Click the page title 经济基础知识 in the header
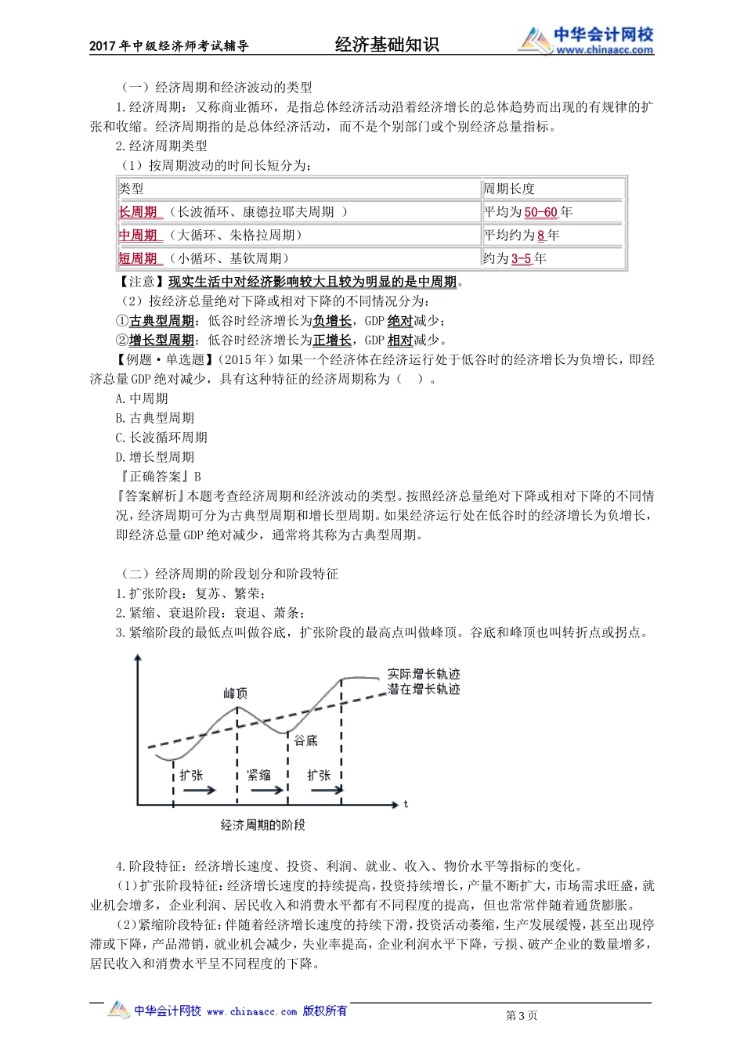387,45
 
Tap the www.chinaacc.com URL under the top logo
604,50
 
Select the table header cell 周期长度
509,189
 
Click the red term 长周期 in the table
138,212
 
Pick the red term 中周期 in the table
138,236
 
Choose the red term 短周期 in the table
138,258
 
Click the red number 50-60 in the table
540,212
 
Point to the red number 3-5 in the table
521,258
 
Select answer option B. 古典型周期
155,418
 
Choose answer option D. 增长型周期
155,457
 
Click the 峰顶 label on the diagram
236,694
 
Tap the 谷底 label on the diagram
305,740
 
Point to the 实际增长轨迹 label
424,674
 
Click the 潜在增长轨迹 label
424,690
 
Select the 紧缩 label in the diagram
258,775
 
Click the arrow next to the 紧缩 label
268,791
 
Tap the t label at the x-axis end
406,805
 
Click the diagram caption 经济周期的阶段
263,825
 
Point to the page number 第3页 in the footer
522,1016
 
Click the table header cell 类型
132,189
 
